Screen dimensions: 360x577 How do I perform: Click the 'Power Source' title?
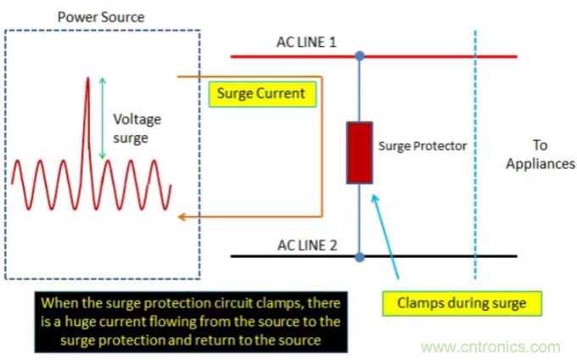101,16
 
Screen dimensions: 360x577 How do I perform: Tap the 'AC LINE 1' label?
306,42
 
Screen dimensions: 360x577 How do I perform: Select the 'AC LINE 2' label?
306,245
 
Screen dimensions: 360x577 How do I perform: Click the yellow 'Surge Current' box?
261,93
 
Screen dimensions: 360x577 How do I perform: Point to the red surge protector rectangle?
360,153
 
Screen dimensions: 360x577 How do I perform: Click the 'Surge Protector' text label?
422,146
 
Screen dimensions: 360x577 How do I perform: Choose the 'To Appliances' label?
541,154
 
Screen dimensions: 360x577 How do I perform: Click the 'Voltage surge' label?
137,128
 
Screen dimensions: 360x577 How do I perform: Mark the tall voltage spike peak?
87,80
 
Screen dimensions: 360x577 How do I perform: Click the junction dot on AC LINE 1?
360,56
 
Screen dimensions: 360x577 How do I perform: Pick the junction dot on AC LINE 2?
360,256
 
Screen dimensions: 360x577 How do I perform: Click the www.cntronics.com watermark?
491,347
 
